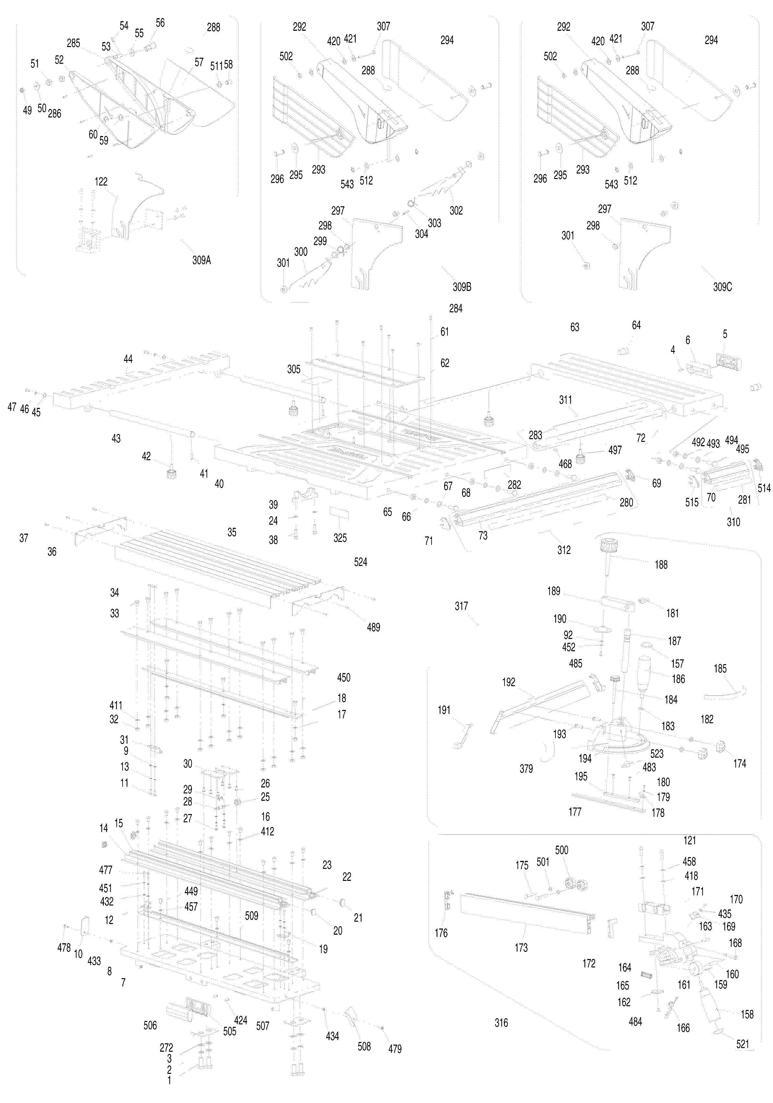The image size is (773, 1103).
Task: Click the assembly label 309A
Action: click(201, 260)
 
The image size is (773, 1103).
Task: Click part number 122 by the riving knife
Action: click(101, 182)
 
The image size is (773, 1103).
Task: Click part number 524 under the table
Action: click(360, 562)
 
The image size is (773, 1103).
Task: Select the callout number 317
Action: click(461, 606)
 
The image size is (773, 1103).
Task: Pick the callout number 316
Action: click(501, 1023)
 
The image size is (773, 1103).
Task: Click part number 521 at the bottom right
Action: click(742, 1044)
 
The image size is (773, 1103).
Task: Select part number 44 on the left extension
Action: click(128, 359)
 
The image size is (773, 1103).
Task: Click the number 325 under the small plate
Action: click(340, 538)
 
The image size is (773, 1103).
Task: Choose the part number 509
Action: click(251, 916)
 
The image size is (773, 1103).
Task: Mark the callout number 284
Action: click(456, 308)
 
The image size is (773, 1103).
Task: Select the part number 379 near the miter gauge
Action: click(526, 769)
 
